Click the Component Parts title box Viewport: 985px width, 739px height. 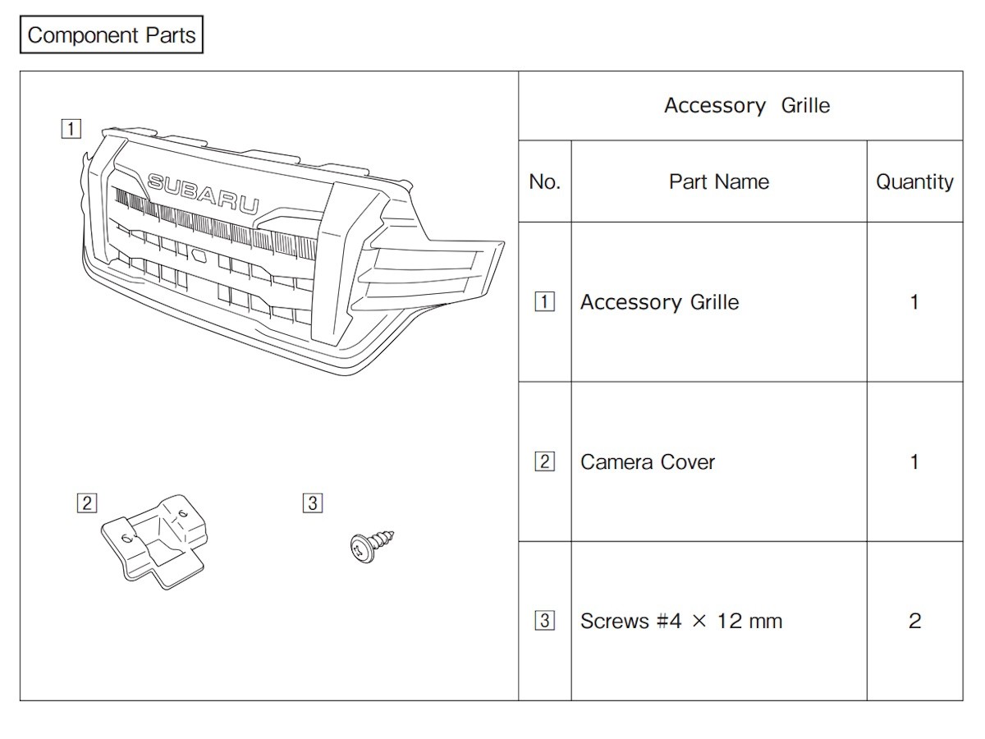[x=112, y=35]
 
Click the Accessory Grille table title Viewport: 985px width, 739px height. [x=747, y=106]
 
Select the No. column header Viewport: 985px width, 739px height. [x=545, y=181]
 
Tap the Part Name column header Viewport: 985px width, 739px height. [x=719, y=181]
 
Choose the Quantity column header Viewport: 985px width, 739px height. [x=914, y=182]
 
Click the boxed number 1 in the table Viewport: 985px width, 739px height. [x=544, y=301]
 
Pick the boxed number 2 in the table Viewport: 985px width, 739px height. [x=544, y=461]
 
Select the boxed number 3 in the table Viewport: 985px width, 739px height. [x=544, y=621]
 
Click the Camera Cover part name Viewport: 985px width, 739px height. [x=647, y=462]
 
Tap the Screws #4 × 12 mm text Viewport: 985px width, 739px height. [x=681, y=621]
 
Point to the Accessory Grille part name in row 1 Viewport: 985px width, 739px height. [x=660, y=302]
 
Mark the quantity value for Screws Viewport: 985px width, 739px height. [x=914, y=621]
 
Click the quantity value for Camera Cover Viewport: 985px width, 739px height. [x=914, y=462]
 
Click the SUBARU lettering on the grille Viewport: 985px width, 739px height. [x=204, y=194]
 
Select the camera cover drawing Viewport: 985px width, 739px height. [x=155, y=541]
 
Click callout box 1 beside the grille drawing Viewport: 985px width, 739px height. [x=71, y=129]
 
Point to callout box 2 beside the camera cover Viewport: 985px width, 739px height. [x=87, y=503]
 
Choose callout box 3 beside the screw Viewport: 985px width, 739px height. [x=313, y=503]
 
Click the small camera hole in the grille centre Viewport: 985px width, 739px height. [x=198, y=255]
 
